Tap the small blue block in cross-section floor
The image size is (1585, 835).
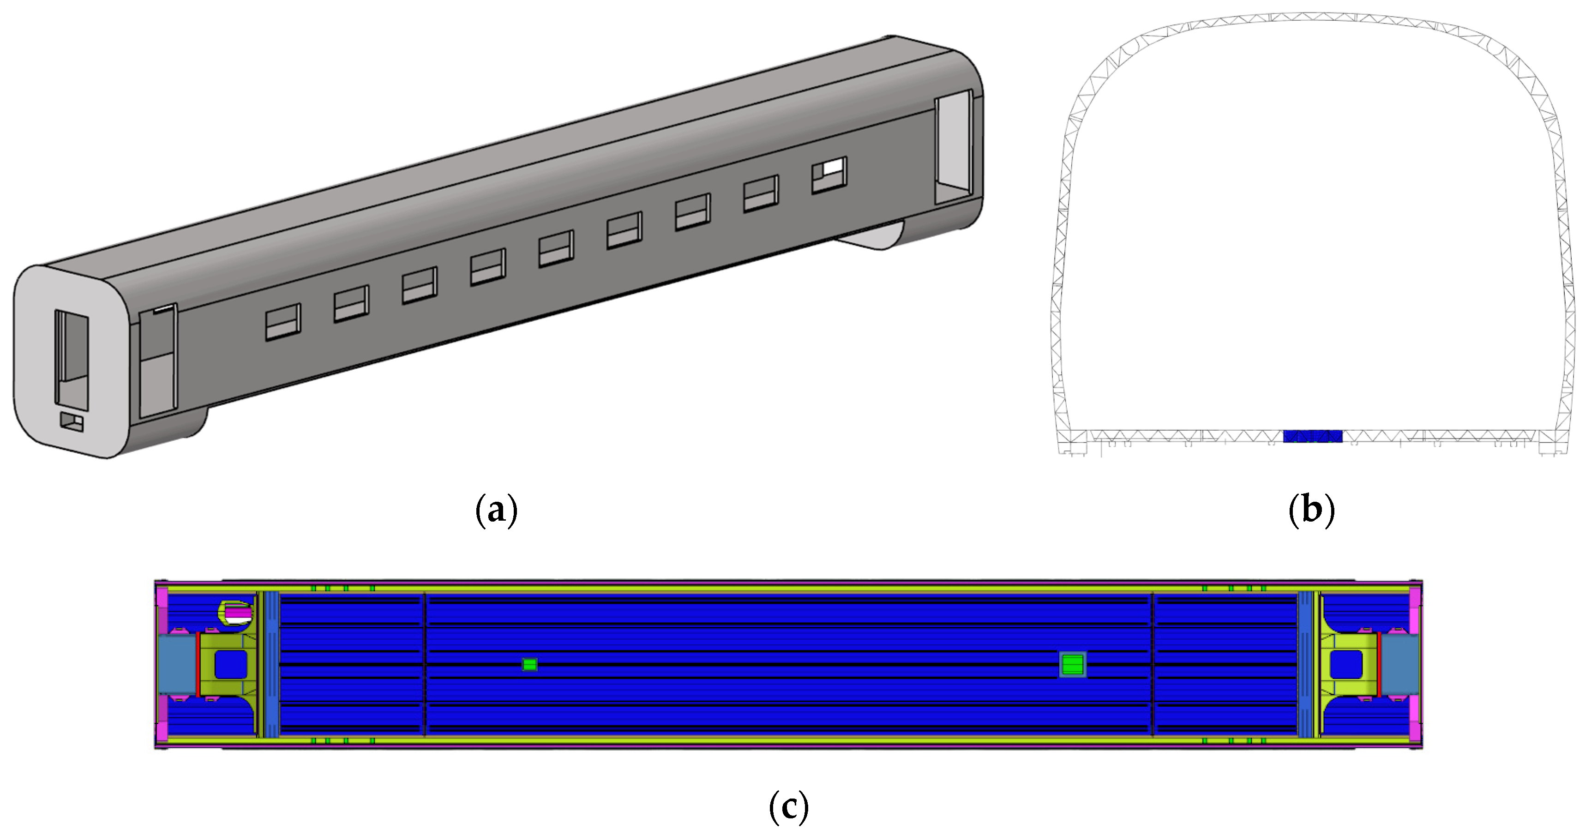pos(1312,436)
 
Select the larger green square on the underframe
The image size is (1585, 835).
pos(1073,665)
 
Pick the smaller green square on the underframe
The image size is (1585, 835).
pos(529,665)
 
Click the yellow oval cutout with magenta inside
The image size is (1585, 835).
pos(237,613)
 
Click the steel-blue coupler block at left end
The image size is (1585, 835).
pos(177,665)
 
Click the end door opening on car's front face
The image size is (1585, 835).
pos(72,360)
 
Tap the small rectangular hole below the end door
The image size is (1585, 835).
pos(72,422)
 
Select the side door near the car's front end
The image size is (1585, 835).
pos(158,362)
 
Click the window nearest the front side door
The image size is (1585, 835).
pos(282,322)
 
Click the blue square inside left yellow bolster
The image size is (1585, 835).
pos(231,665)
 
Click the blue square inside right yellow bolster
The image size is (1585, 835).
pos(1346,665)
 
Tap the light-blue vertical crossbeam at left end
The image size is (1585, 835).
pos(271,665)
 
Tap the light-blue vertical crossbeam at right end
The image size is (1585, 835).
pos(1305,665)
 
